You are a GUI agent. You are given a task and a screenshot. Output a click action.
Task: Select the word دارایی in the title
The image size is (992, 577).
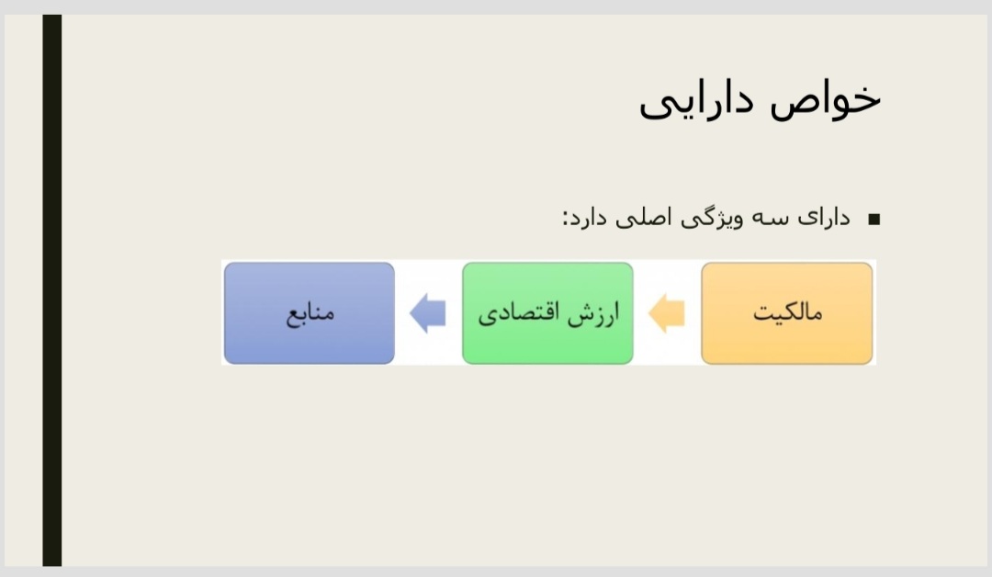[696, 101]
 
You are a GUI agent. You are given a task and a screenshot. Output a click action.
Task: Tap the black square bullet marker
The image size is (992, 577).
[874, 220]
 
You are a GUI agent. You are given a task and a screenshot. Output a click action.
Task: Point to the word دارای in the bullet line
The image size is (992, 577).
[824, 218]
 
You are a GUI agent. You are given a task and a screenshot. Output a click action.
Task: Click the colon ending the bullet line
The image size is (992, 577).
[565, 220]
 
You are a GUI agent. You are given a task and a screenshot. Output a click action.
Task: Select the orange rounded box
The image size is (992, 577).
[787, 313]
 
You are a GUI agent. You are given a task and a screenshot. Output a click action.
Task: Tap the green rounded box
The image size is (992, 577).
[547, 313]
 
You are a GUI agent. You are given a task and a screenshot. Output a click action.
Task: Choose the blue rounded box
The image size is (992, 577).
[310, 313]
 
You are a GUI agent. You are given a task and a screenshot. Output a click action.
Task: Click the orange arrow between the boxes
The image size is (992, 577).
[667, 313]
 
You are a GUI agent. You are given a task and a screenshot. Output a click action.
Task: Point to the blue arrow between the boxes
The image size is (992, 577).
[428, 313]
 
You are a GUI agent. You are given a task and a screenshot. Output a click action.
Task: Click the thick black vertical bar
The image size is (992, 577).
[51, 290]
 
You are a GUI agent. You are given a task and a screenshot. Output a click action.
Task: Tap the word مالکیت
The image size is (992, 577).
[788, 312]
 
